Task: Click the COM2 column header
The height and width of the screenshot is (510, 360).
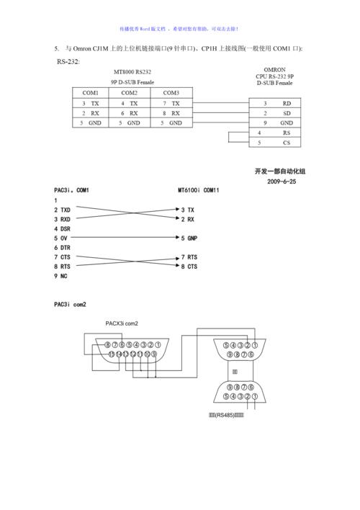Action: (130, 93)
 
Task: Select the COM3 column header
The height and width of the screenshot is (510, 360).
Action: (171, 93)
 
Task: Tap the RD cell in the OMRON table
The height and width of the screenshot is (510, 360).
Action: (286, 104)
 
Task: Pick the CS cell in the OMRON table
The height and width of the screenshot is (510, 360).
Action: (286, 143)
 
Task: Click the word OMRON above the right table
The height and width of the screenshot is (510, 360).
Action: (274, 68)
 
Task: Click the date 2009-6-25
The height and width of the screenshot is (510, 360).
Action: (282, 182)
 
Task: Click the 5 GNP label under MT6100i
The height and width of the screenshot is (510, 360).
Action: (189, 238)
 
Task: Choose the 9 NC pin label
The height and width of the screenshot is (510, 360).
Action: (60, 276)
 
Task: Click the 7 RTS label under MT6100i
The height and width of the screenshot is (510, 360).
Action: (189, 257)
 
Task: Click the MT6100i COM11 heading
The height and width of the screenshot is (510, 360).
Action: (199, 191)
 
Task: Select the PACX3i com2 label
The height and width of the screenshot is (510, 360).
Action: (117, 323)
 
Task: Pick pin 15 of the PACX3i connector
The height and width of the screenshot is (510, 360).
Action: (111, 354)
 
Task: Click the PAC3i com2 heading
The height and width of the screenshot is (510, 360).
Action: (70, 305)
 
